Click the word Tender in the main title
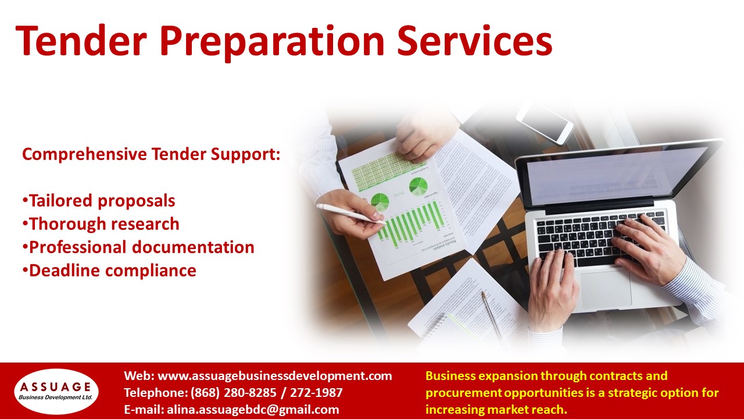pos(81,41)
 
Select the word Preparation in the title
pos(272,42)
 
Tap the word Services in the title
pos(474,41)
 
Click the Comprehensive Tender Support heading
pos(151,154)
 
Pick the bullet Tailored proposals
pos(99,201)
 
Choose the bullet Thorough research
pos(101,224)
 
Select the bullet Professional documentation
pos(138,247)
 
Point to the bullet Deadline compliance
pos(109,271)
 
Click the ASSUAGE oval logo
pos(56,391)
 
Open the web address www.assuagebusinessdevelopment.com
pos(275,376)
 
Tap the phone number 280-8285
pos(250,393)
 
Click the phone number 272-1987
pos(316,393)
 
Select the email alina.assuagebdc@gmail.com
pos(253,409)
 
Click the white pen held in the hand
pos(350,213)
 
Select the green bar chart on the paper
pos(412,223)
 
